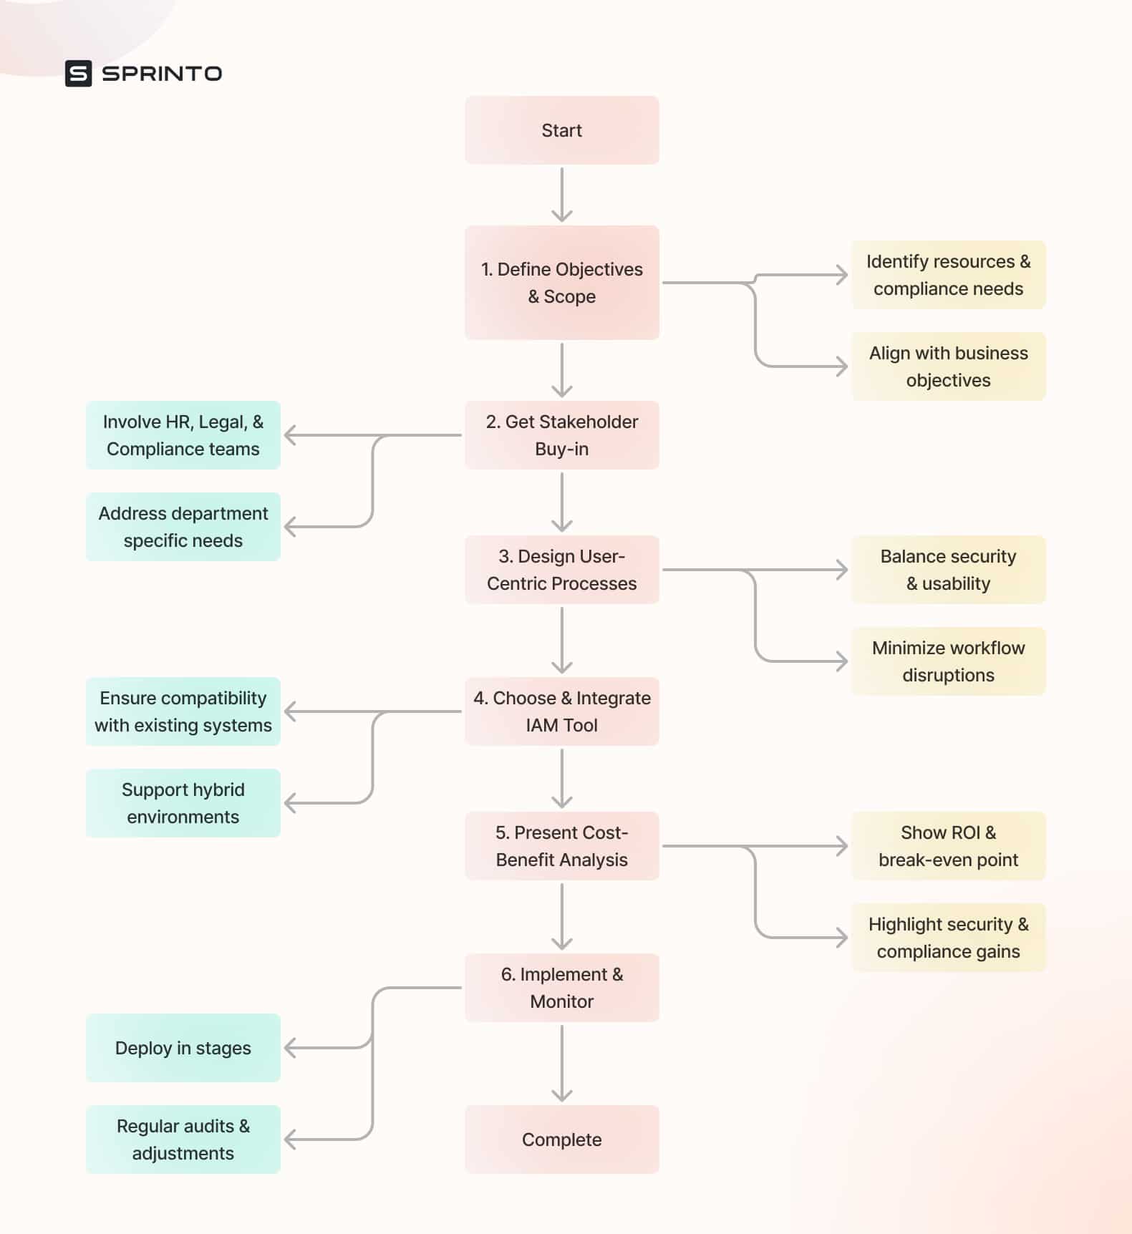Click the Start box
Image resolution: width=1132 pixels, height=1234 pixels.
click(x=561, y=130)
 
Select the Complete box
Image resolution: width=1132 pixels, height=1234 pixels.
click(x=561, y=1139)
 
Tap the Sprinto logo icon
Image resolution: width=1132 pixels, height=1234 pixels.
click(x=78, y=73)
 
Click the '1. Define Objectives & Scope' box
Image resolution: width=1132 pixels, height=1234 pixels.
click(x=561, y=283)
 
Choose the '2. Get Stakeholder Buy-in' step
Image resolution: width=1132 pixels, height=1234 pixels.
click(x=561, y=435)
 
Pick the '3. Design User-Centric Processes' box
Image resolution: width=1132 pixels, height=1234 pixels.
click(x=561, y=570)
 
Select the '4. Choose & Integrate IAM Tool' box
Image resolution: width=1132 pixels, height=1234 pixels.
click(x=561, y=711)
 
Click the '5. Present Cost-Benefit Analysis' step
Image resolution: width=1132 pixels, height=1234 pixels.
click(x=561, y=846)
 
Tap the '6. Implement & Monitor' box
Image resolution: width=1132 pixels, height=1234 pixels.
click(x=561, y=988)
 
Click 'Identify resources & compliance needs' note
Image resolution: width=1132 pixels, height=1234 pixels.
click(x=948, y=275)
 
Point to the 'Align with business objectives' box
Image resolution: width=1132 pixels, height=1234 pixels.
click(x=948, y=366)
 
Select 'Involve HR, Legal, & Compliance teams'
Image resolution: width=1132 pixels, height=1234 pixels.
click(x=183, y=435)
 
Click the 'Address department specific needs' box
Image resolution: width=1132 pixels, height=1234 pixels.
click(x=183, y=527)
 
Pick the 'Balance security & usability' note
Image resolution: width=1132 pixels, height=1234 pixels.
click(x=948, y=570)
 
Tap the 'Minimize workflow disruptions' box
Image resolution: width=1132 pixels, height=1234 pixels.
click(x=948, y=661)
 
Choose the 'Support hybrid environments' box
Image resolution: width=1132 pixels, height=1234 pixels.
click(x=183, y=803)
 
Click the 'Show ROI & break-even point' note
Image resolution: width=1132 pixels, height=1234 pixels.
click(x=948, y=846)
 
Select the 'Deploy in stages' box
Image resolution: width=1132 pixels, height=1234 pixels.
click(x=183, y=1048)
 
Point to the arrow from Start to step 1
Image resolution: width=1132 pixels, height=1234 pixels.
click(x=561, y=195)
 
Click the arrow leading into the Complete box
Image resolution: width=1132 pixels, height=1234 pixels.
click(x=561, y=1063)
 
